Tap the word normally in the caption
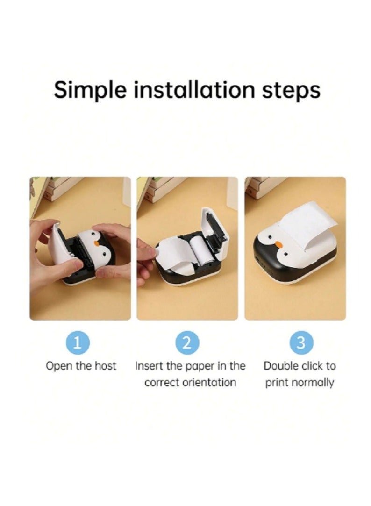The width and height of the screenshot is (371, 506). [x=313, y=383]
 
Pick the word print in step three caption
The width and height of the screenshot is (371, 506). [x=277, y=383]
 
